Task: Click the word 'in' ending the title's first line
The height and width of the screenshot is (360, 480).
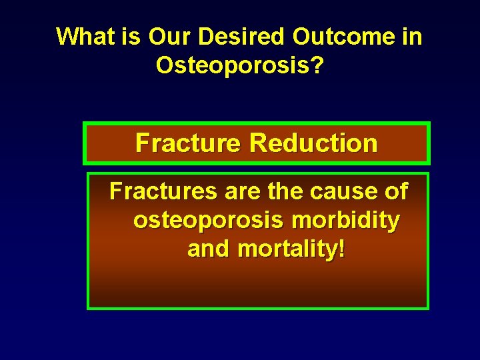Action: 412,37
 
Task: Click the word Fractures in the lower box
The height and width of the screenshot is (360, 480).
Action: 164,192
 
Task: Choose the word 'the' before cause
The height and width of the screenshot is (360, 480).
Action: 287,192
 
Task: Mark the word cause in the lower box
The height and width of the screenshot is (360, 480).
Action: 343,192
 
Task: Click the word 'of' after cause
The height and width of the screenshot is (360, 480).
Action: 395,192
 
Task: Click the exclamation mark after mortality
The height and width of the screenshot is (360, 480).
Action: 342,249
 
